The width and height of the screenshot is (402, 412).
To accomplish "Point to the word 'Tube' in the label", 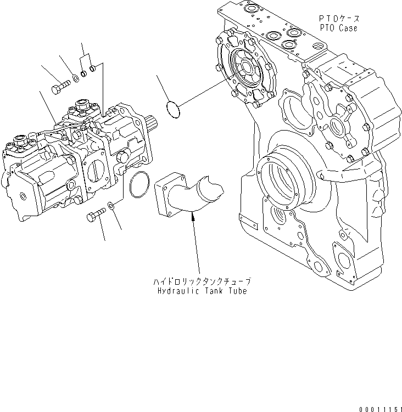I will [x=236, y=290].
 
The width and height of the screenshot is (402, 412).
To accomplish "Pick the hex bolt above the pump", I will [x=59, y=87].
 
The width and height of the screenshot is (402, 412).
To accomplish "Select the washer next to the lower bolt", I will [x=110, y=206].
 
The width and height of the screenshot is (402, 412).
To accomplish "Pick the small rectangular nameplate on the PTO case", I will [x=249, y=223].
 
